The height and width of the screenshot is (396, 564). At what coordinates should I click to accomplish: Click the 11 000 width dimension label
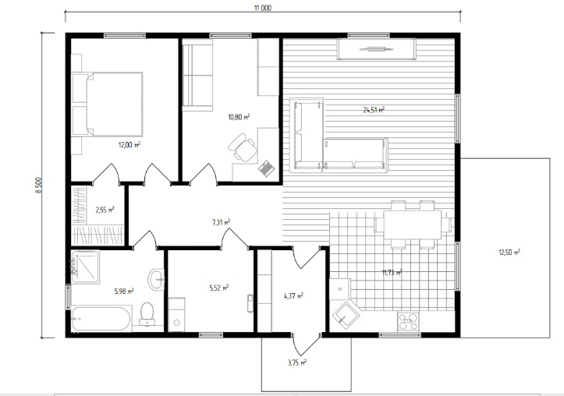pos(263,8)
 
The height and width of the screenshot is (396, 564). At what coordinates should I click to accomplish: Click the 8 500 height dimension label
pos(39,185)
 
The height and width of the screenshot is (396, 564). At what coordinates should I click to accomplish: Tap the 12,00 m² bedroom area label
pos(129,145)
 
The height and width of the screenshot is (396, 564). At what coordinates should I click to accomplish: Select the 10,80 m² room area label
pos(239,117)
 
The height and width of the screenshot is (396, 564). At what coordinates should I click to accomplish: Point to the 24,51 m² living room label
pos(374,110)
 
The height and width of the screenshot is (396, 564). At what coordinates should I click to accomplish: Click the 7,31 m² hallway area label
pos(222,222)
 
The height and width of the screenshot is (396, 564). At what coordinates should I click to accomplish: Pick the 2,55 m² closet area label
pos(105,210)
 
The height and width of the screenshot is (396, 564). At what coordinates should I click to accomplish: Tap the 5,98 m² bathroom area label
pos(124,291)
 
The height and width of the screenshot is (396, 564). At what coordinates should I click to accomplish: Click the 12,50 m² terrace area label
pos(509,253)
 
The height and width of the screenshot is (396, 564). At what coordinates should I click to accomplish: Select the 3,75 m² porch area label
pos(297,362)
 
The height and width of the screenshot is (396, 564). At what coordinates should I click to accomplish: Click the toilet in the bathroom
pos(147,314)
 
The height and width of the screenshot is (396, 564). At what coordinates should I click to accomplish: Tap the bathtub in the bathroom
pos(101,319)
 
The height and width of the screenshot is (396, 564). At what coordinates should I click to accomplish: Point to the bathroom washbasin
pos(157,279)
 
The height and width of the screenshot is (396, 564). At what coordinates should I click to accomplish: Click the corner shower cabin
pos(85,267)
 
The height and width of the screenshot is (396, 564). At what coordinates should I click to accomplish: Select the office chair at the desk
pos(243,147)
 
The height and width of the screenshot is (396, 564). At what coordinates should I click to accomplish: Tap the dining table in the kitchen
pos(413,225)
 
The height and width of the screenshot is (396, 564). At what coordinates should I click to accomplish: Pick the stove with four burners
pos(408,321)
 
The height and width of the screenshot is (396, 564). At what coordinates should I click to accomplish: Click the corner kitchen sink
pos(346,315)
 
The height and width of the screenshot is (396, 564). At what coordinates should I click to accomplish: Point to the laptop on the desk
pos(267,168)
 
